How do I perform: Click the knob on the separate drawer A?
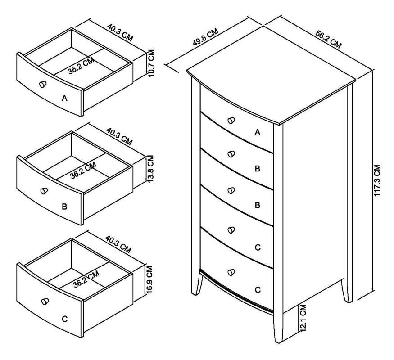[43, 85]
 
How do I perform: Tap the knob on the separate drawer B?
[44, 191]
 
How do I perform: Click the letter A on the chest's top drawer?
[258, 132]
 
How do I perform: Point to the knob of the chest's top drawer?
[231, 120]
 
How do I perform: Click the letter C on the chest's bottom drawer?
[257, 290]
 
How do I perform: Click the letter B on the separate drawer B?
[64, 207]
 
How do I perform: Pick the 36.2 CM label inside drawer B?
[83, 171]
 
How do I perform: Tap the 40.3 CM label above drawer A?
[120, 32]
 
